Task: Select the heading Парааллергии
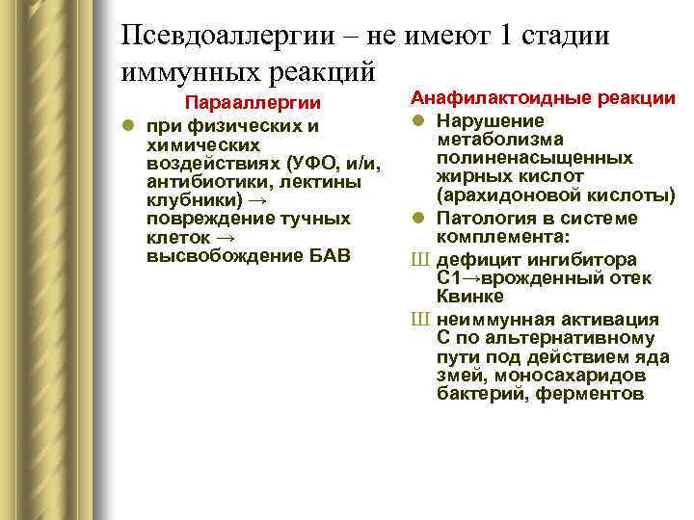(254, 103)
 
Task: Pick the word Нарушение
(490, 120)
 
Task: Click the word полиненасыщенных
(534, 158)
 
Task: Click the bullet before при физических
(127, 126)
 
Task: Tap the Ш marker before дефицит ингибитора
(420, 258)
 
